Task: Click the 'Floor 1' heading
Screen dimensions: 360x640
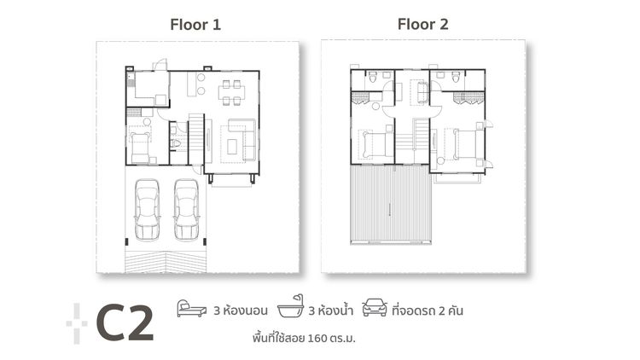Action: point(195,25)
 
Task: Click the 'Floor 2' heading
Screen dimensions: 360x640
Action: point(422,24)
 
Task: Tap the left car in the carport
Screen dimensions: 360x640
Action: point(148,210)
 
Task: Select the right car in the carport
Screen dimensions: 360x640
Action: point(186,210)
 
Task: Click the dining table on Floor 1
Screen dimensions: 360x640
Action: point(231,90)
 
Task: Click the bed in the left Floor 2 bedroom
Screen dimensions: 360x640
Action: point(375,146)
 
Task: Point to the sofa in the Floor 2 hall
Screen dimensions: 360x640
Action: point(420,92)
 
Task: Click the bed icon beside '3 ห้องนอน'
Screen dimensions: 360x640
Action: point(191,308)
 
